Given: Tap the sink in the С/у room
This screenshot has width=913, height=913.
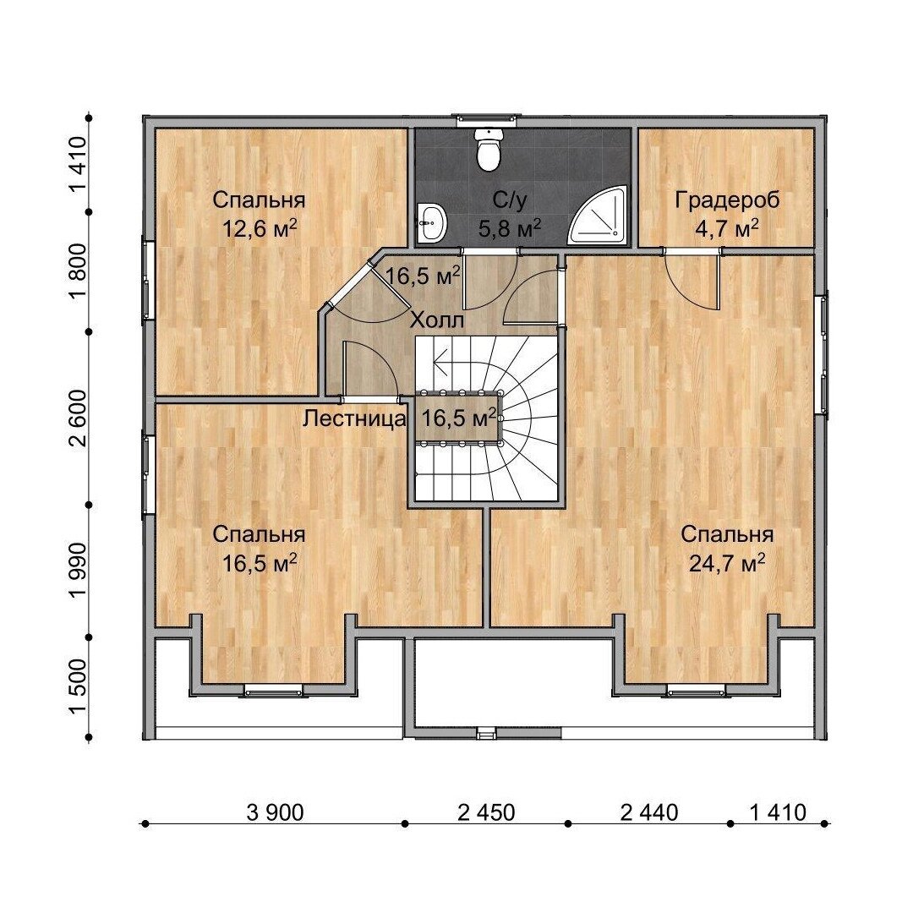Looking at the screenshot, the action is point(431,221).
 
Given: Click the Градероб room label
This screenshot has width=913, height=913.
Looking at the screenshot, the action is point(727,200).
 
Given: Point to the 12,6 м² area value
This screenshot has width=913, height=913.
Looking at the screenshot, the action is point(260,228).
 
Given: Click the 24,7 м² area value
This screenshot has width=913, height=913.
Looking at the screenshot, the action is point(727,563).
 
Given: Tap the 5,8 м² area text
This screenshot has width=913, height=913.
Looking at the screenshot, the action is point(510,228).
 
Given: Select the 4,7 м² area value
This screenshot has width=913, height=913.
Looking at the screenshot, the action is point(727,228).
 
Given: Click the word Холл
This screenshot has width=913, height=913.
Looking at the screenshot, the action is point(437,321).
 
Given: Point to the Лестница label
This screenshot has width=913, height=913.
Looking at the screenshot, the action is point(354,418).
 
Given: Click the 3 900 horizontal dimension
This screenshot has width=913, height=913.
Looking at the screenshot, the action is point(276,812).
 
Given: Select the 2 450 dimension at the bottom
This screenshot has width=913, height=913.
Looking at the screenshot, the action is point(486,812).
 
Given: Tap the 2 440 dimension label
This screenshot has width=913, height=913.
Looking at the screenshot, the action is point(649,812).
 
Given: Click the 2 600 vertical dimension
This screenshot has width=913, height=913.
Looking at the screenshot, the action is point(78,418).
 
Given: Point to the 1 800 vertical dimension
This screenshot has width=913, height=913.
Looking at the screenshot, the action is point(78,271).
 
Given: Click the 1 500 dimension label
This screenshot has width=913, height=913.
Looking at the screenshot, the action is point(78,687).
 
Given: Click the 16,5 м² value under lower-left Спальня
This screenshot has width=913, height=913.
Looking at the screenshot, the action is point(260,563).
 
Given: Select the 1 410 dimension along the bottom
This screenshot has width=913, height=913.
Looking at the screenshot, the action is point(778,812).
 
